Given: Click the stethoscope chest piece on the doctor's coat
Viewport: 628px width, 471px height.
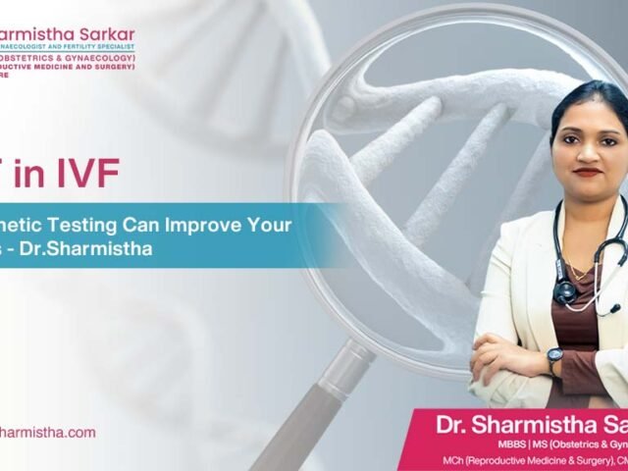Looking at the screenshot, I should (x=564, y=291).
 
